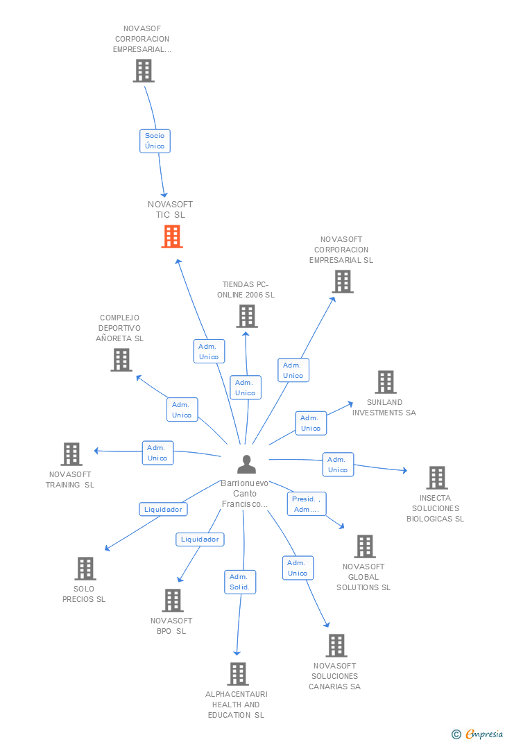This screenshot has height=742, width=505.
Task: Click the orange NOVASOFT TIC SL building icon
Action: (171, 236)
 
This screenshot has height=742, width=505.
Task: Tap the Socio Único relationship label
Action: (155, 141)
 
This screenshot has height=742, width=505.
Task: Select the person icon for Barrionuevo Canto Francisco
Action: (246, 464)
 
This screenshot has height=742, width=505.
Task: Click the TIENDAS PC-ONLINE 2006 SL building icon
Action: (246, 316)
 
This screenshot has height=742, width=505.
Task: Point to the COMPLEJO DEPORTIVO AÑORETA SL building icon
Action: (121, 360)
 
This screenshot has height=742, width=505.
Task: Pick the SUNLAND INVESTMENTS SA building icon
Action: (386, 382)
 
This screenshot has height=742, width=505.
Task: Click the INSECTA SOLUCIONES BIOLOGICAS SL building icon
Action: (436, 478)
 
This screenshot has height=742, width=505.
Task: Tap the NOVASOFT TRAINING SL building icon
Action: (71, 454)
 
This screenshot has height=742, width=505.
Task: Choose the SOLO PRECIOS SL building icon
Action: (85, 569)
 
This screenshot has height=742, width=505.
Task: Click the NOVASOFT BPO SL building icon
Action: (172, 601)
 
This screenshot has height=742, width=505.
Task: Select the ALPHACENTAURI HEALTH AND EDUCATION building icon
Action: (237, 674)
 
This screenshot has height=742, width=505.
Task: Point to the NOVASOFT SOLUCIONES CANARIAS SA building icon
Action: (336, 646)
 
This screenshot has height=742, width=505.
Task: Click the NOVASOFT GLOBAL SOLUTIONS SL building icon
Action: (364, 546)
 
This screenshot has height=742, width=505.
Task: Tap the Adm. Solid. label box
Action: (240, 582)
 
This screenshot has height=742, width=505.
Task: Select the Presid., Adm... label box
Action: (306, 504)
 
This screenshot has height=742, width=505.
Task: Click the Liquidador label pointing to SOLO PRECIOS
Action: (163, 509)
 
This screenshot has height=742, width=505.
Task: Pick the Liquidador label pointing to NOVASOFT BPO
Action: (200, 539)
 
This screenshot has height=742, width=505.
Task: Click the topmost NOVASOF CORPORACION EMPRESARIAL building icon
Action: (144, 71)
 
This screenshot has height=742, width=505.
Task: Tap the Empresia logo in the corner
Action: (478, 734)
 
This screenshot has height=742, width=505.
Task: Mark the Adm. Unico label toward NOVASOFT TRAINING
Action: (157, 453)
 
